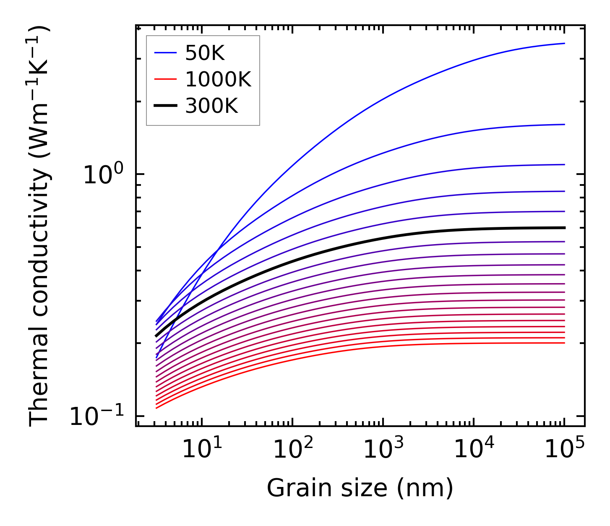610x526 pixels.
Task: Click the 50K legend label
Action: (205, 53)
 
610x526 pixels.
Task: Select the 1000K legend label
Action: (218, 80)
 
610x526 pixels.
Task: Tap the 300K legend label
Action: (211, 106)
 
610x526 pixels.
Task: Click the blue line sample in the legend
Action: (166, 53)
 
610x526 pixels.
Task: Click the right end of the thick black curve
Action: (564, 228)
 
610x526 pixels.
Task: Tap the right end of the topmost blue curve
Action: (564, 43)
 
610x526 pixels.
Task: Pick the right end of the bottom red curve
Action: (564, 343)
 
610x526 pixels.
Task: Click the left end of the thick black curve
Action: (156, 336)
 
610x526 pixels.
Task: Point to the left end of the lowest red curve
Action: (156, 408)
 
